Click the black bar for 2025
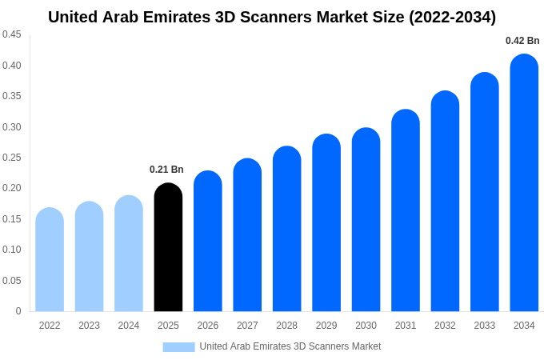click(x=168, y=248)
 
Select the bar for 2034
click(x=524, y=184)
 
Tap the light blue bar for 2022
click(x=50, y=260)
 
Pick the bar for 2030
click(x=366, y=220)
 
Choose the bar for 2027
click(x=247, y=236)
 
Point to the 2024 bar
click(x=129, y=254)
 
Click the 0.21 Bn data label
click(x=166, y=170)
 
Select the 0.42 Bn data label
click(x=522, y=41)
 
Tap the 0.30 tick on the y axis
click(x=11, y=127)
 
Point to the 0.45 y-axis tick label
click(x=11, y=34)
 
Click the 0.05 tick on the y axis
click(x=11, y=281)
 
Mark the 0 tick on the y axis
click(x=18, y=311)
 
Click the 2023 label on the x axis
click(x=89, y=326)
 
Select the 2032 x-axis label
click(x=445, y=326)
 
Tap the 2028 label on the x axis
click(x=286, y=326)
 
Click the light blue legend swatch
click(x=178, y=346)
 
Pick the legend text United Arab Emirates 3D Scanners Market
click(x=290, y=346)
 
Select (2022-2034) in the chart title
click(x=452, y=17)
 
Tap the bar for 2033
click(x=485, y=192)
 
